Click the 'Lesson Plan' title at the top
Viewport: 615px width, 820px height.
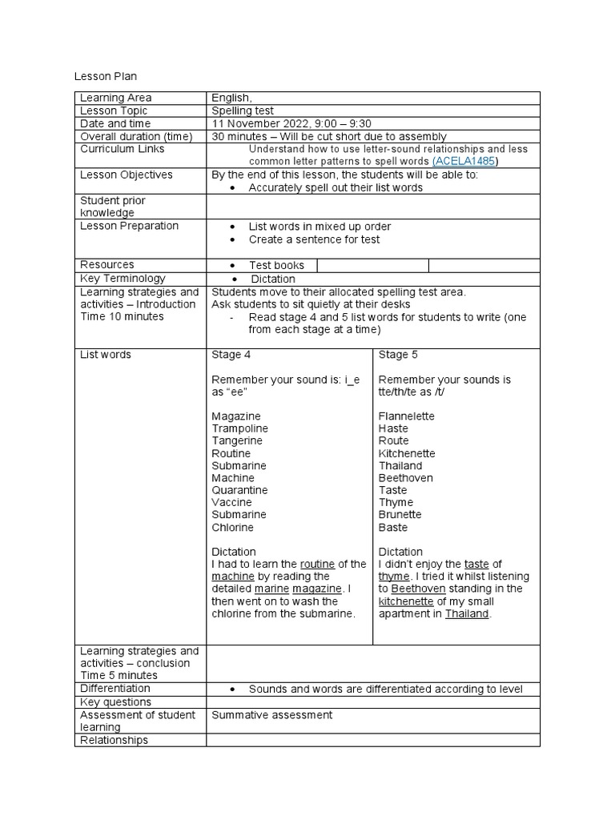point(106,77)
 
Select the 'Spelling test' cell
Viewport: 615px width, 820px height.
point(244,111)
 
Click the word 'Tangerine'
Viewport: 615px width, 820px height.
point(237,440)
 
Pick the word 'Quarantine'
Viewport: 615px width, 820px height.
point(239,490)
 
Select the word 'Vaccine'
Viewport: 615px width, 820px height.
point(231,502)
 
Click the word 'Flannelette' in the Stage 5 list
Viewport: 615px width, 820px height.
point(407,416)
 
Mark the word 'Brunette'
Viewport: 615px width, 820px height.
point(400,514)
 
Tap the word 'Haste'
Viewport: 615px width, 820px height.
point(393,428)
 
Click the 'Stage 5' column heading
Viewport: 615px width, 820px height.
point(398,355)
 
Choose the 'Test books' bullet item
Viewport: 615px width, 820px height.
point(276,265)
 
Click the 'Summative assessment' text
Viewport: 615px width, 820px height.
point(271,714)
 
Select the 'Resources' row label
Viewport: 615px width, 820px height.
point(107,264)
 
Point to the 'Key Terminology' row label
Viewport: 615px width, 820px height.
point(123,278)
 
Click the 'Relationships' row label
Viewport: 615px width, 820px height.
point(114,740)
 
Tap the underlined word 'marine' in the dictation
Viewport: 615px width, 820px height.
point(271,589)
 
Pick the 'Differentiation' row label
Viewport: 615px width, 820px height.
point(115,688)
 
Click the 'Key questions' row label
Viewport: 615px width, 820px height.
point(115,701)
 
